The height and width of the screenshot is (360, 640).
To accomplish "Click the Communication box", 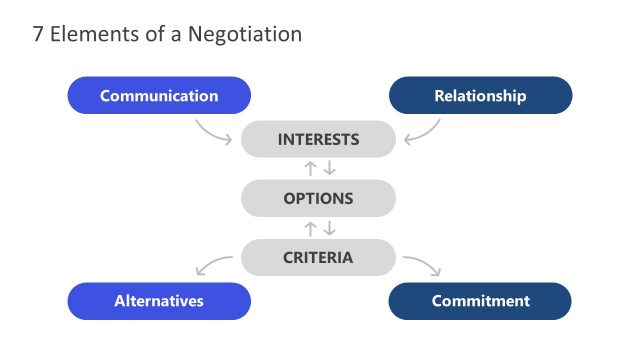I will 159,96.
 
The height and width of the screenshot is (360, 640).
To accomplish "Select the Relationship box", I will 480,96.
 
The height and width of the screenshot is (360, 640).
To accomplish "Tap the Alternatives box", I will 159,301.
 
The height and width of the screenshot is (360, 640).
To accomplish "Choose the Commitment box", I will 480,301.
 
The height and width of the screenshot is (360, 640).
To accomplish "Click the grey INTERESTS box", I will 318,139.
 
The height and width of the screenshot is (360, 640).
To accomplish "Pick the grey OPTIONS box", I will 318,198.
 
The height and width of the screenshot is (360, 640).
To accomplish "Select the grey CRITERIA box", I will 318,257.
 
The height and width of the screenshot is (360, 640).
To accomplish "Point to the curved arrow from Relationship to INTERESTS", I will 423,132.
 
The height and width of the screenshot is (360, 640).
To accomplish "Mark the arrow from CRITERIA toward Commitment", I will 422,265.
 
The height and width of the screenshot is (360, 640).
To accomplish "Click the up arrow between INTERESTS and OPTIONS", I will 310,168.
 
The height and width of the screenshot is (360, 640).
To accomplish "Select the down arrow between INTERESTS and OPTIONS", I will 329,168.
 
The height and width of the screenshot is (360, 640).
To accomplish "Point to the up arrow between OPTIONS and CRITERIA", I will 310,228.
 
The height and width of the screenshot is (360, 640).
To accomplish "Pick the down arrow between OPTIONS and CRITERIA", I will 329,228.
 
